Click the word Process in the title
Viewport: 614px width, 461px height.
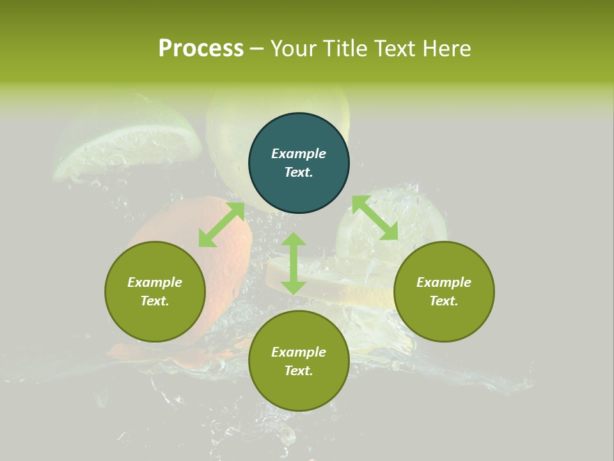(x=201, y=49)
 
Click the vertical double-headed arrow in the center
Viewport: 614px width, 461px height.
(x=294, y=263)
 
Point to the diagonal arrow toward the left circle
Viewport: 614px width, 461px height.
(x=221, y=225)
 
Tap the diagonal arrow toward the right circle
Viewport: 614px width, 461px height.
(x=375, y=218)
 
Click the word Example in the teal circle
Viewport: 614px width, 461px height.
(x=299, y=154)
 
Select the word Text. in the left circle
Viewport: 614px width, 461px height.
(x=155, y=301)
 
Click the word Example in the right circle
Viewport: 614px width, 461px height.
(x=444, y=282)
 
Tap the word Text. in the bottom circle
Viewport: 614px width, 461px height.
(x=299, y=371)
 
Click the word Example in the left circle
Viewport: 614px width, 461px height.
(x=155, y=282)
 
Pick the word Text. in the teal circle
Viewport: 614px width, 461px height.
(x=299, y=172)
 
